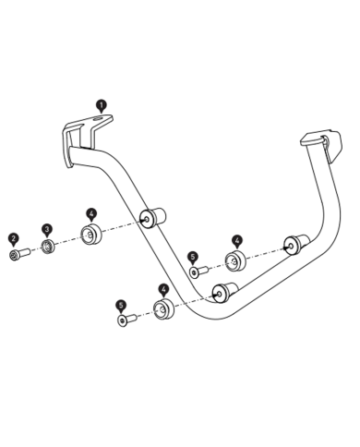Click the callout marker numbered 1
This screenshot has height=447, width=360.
tap(100, 107)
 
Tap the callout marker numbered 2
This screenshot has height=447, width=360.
tap(14, 237)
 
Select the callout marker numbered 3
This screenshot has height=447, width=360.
tap(47, 229)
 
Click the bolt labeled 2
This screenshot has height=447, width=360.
tap(16, 253)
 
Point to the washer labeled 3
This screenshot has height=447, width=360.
tap(48, 248)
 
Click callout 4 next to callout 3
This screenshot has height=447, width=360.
tap(90, 212)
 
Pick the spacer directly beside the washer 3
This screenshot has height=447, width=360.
tap(90, 234)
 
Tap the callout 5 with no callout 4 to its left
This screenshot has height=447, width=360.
tap(121, 305)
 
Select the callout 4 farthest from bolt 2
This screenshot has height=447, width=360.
tap(236, 239)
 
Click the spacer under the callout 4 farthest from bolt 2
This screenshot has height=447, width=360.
tap(235, 259)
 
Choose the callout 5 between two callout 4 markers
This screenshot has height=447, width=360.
tap(193, 257)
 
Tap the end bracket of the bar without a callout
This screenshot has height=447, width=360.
tap(315, 141)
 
